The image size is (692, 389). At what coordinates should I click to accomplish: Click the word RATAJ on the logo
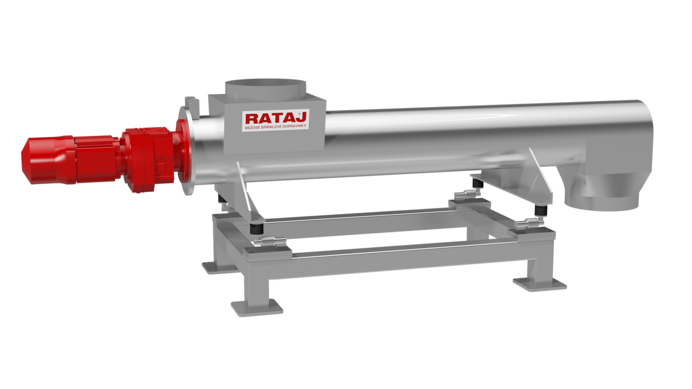coord(276,118)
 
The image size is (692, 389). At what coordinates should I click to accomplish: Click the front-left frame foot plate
coord(257,308)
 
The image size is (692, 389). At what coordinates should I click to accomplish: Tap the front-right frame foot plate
coord(540,284)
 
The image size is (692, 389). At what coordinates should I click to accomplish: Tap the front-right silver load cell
coord(528,223)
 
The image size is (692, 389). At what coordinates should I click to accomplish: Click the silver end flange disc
coord(187,151)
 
